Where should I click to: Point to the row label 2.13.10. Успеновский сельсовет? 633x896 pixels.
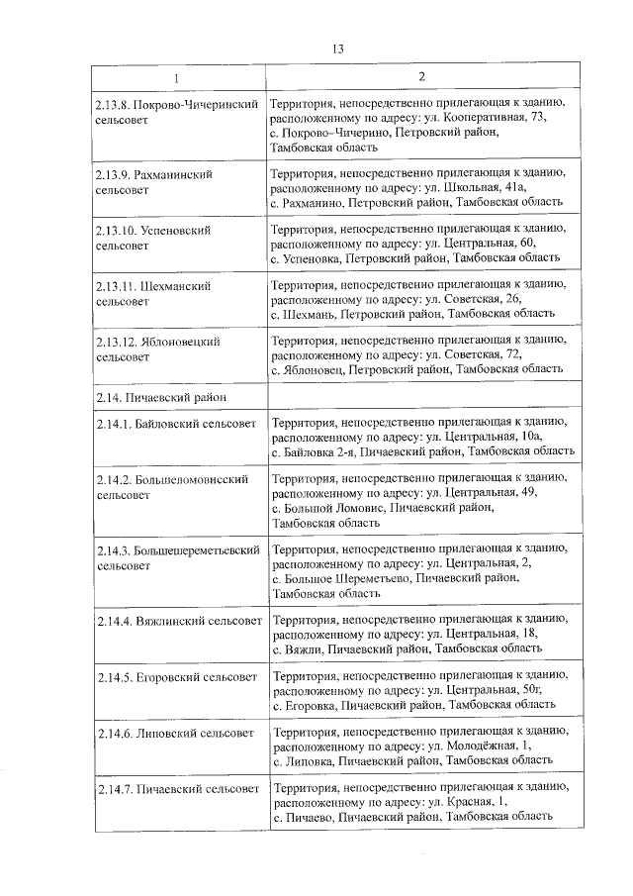pyautogui.click(x=154, y=236)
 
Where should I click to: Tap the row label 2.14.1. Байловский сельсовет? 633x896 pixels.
pyautogui.click(x=176, y=424)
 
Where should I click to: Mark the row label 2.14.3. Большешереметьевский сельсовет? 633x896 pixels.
pyautogui.click(x=177, y=556)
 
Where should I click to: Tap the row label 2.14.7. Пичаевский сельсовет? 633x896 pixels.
pyautogui.click(x=176, y=788)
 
